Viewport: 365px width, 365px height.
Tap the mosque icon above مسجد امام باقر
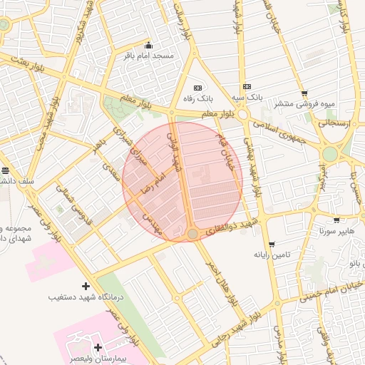pyautogui.click(x=148, y=45)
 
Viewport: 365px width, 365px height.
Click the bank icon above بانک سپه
pyautogui.click(x=247, y=86)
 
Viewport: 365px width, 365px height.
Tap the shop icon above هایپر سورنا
pyautogui.click(x=336, y=221)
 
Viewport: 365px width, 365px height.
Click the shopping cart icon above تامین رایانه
pyautogui.click(x=270, y=244)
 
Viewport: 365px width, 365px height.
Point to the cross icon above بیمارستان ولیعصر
pyautogui.click(x=98, y=346)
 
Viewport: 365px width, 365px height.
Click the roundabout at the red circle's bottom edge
pyautogui.click(x=192, y=234)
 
